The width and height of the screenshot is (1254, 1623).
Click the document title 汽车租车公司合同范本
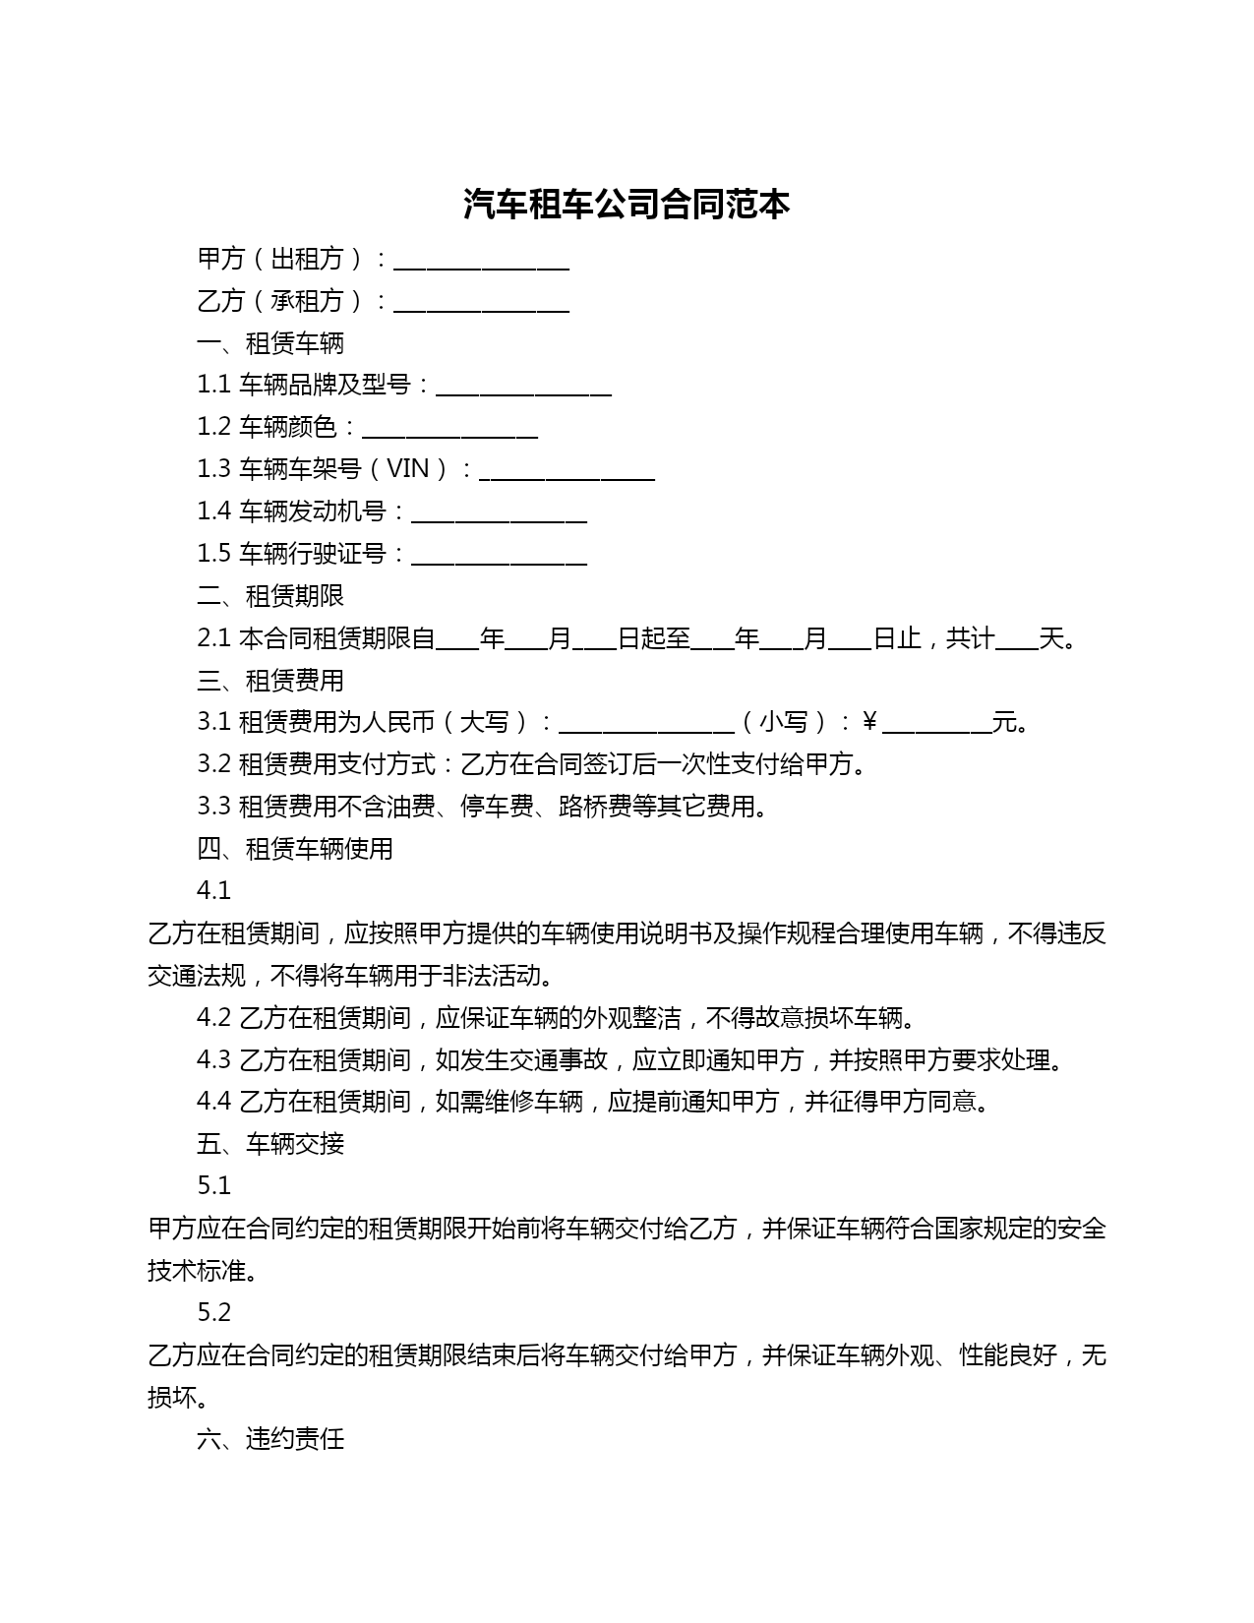[x=627, y=205]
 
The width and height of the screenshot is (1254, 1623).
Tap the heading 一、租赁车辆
[x=270, y=343]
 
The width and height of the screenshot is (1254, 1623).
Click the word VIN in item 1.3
[x=408, y=469]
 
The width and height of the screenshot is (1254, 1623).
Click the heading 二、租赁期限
[x=270, y=596]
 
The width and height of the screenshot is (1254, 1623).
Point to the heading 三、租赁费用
[x=270, y=681]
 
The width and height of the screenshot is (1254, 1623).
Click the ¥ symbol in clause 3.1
[x=869, y=723]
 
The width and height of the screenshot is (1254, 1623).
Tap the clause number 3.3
[x=213, y=807]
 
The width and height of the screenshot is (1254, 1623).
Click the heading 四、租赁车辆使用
[x=295, y=849]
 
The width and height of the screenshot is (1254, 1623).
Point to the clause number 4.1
[x=213, y=891]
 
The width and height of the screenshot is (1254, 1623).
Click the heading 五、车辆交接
[x=270, y=1144]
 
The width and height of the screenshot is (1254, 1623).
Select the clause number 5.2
[x=213, y=1313]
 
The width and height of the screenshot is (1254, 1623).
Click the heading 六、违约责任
[x=270, y=1440]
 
